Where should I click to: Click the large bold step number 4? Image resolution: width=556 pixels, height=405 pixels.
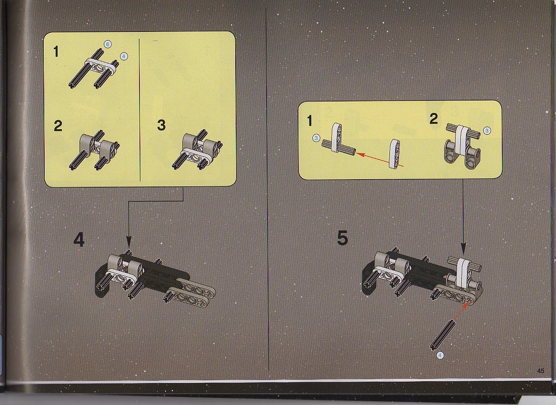tap(79, 240)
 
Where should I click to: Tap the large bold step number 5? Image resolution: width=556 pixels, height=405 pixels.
tap(342, 238)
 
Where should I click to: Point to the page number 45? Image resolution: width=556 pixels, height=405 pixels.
tap(540, 371)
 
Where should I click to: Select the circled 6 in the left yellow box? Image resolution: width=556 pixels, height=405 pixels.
tap(108, 44)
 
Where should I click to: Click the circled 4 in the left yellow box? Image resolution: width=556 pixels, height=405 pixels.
tap(124, 56)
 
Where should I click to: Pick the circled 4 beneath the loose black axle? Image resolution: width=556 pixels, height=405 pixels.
tap(440, 354)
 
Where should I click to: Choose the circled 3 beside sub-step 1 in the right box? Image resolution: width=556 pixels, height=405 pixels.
tap(316, 138)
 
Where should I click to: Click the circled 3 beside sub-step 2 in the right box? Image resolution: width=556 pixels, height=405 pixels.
tap(487, 131)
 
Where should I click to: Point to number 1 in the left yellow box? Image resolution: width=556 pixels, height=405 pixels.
tap(56, 52)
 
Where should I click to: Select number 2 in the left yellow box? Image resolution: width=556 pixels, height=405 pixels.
tap(58, 126)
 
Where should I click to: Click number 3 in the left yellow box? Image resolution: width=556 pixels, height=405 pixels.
tap(161, 125)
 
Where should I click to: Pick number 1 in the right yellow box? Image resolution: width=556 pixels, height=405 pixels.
tap(309, 121)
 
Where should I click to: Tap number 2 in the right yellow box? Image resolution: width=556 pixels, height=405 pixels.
tap(433, 119)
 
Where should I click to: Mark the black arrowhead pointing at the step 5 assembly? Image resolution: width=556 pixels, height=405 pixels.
tap(463, 248)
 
